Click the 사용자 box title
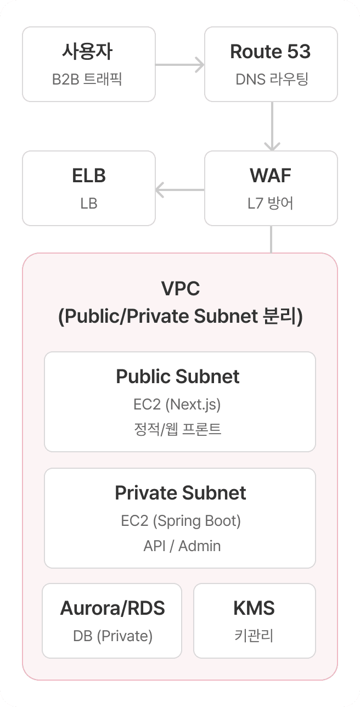[x=88, y=52]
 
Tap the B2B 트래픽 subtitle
[x=88, y=80]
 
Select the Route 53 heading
[x=271, y=52]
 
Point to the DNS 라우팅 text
[x=271, y=80]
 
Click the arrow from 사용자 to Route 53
[x=179, y=65]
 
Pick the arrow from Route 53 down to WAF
[x=272, y=126]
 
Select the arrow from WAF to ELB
[x=180, y=190]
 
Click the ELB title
[x=88, y=176]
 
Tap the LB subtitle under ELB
[x=88, y=204]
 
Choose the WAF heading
[x=271, y=176]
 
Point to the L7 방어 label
[x=271, y=204]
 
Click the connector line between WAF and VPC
[x=272, y=239]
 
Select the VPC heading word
[x=180, y=289]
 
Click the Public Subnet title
[x=178, y=377]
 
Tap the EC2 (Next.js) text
[x=177, y=405]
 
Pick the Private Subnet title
[x=180, y=493]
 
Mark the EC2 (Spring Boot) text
[x=181, y=520]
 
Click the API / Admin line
[x=182, y=546]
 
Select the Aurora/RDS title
[x=113, y=608]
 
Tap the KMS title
[x=254, y=608]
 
